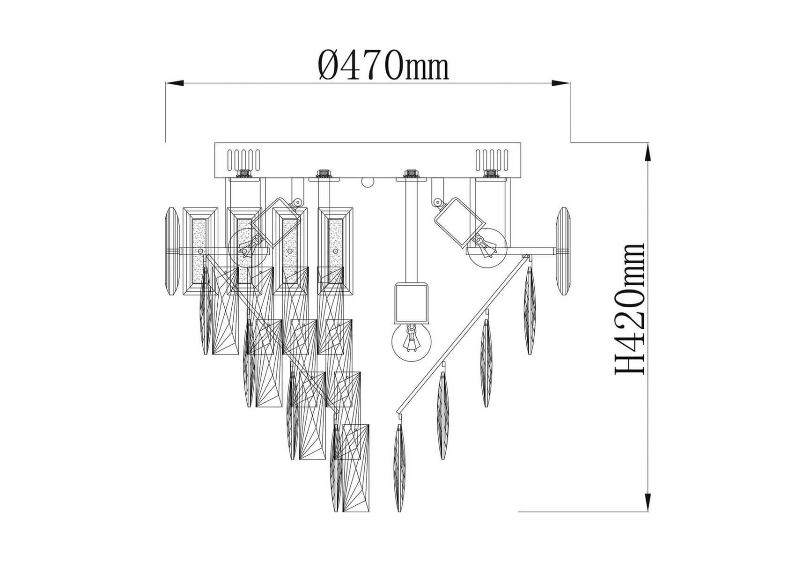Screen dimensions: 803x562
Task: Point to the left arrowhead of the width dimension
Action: pos(174,83)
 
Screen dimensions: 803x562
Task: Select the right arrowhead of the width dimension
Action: pos(561,83)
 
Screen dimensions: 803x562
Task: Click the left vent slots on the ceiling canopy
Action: pos(243,160)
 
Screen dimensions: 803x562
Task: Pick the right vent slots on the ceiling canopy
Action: pos(492,160)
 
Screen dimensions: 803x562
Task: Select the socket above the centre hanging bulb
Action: pos(411,303)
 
